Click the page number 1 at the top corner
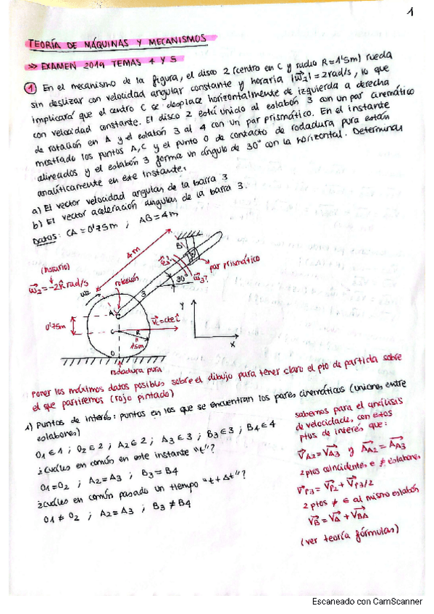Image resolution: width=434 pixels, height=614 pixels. click(410, 12)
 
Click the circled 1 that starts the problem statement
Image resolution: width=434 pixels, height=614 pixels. click(31, 89)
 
